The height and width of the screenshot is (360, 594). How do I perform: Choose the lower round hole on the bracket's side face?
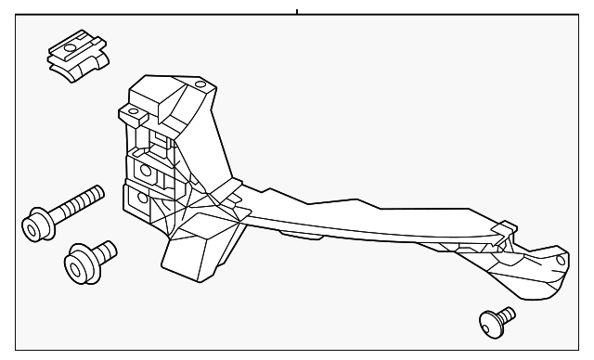pyautogui.click(x=142, y=198)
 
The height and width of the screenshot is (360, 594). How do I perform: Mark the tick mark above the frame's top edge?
pyautogui.click(x=297, y=11)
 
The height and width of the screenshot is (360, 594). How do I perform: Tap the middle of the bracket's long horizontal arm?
pyautogui.click(x=353, y=217)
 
